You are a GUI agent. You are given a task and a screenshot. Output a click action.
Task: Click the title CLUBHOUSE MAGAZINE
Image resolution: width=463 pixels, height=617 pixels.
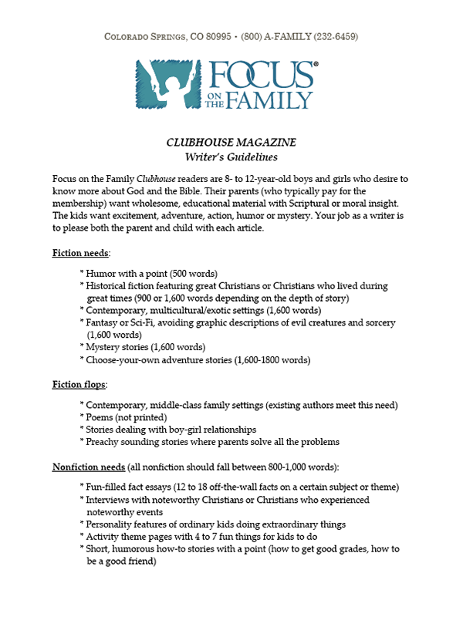231,143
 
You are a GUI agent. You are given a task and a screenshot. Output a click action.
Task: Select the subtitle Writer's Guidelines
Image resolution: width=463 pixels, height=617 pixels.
231,158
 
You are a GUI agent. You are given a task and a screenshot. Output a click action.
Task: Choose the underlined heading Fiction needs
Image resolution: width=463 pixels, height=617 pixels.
81,253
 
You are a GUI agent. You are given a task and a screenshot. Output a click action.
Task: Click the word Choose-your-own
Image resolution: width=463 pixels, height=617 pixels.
124,359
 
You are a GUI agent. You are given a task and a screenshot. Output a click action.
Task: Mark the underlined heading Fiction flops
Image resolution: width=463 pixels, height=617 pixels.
79,384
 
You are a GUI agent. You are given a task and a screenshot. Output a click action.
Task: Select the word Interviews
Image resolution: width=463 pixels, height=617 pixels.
112,500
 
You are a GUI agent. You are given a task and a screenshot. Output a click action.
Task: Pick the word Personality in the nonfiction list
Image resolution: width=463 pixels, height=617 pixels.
114,524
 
